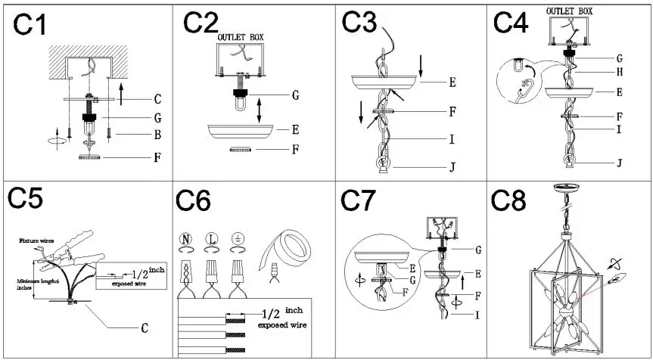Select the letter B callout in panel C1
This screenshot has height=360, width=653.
pos(157,135)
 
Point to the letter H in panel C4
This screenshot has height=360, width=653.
pos(620,72)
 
